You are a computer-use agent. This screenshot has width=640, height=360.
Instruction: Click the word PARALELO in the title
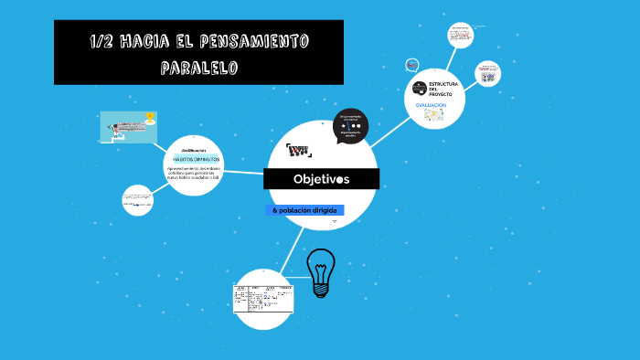click(x=198, y=68)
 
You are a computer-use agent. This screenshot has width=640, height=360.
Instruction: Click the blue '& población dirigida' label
click(x=305, y=210)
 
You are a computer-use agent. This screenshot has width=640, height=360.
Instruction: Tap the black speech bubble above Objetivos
click(x=351, y=128)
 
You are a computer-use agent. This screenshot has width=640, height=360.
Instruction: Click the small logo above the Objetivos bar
click(x=298, y=150)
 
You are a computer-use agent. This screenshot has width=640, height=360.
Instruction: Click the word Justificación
click(x=193, y=149)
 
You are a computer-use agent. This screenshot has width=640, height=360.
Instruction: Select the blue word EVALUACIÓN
click(x=431, y=105)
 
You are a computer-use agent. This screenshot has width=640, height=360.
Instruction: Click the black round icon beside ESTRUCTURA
click(x=420, y=87)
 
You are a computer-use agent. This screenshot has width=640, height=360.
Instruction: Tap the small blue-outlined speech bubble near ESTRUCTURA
click(x=412, y=65)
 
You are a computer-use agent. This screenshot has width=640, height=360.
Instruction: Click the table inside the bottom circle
click(x=263, y=298)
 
